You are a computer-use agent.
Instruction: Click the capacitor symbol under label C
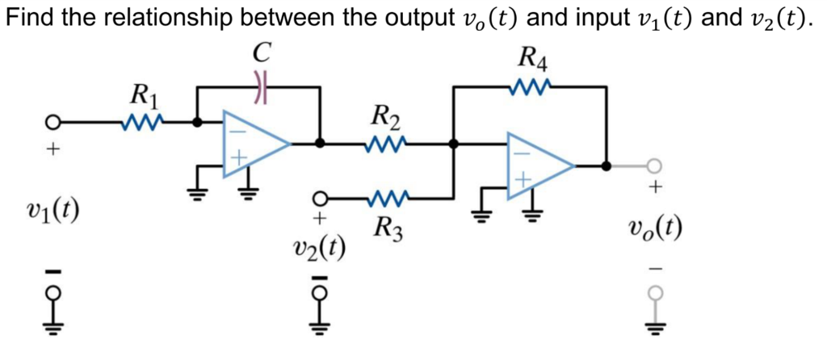(260, 86)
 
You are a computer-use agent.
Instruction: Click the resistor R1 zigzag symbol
(142, 123)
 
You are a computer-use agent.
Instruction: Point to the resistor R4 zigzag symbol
(530, 85)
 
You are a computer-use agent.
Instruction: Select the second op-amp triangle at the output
(537, 165)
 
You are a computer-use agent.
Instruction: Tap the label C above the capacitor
(260, 53)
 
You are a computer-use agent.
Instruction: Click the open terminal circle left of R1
(52, 123)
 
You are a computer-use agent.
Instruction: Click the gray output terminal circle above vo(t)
(654, 165)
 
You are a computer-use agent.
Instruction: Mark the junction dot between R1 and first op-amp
(196, 123)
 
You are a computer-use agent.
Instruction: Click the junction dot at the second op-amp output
(606, 165)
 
